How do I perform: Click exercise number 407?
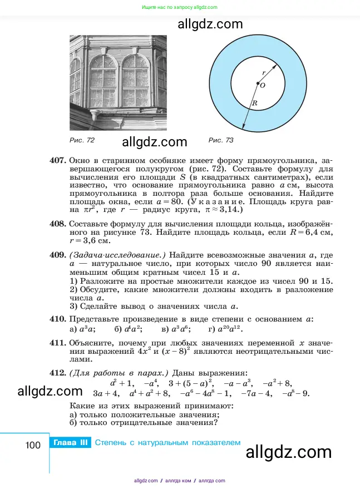click(58, 161)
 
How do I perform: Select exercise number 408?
click(58, 224)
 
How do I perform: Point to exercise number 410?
click(58, 319)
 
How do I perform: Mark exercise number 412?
click(58, 372)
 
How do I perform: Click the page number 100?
click(33, 444)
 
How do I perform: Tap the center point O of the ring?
click(257, 84)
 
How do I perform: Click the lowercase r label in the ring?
click(264, 72)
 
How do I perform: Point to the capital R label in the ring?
click(254, 103)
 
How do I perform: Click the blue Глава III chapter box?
click(70, 443)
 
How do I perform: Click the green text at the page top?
click(180, 7)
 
